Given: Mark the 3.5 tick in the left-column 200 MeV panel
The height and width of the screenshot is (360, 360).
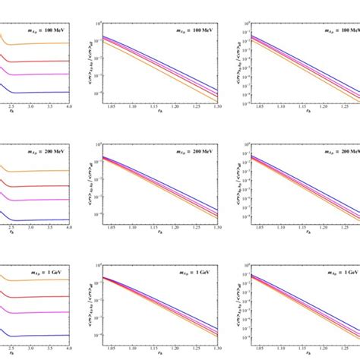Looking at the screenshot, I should (49, 227).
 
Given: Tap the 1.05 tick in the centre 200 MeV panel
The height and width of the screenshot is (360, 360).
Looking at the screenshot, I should (108, 227).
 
